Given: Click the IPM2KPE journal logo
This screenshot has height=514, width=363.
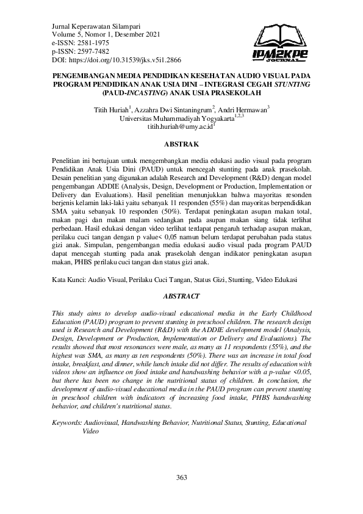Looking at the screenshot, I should (279, 47).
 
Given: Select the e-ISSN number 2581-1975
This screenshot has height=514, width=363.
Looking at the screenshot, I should (94, 43).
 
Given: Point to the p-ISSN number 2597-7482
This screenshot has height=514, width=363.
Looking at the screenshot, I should (94, 52).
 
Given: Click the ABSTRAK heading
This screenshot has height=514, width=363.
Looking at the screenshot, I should (181, 144).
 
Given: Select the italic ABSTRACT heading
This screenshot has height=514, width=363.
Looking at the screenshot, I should (181, 296).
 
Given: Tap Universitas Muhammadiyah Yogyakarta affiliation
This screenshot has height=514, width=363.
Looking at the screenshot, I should (178, 118).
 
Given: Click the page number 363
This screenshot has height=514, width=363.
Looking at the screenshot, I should (181, 477).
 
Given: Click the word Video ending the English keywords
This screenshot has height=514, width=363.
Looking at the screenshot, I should (90, 431).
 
